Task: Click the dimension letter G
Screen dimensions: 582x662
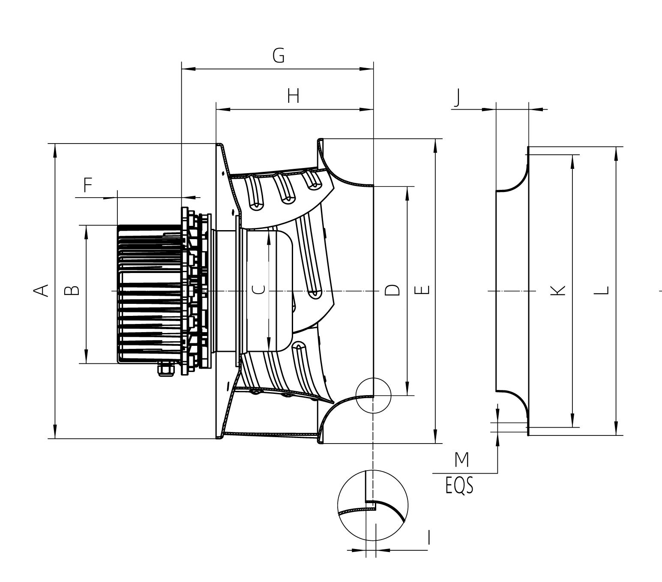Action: (279, 56)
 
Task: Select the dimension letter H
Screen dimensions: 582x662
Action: (293, 96)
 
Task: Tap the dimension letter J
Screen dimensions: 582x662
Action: (458, 97)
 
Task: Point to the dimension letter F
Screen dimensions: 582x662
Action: (88, 185)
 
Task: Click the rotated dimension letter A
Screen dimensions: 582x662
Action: (41, 290)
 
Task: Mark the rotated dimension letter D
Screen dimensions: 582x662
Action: (392, 290)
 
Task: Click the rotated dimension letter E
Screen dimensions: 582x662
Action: (422, 290)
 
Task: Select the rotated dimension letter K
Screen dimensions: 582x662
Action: (558, 290)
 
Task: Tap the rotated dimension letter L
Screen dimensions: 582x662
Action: (602, 290)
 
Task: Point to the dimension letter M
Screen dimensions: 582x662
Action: (461, 460)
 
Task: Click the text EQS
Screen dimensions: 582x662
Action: (459, 486)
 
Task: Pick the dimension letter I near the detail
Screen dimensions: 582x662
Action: (429, 537)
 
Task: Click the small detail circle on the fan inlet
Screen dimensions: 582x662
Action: (374, 395)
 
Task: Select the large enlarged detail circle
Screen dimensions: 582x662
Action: (373, 505)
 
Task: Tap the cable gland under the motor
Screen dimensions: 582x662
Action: (165, 369)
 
